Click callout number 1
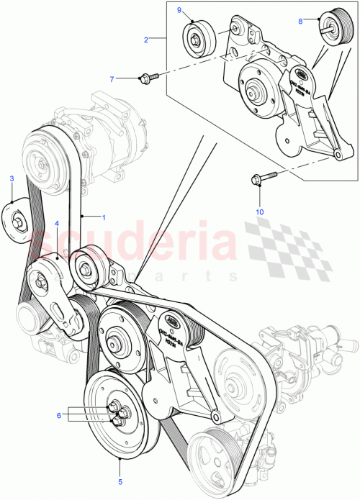(x=103, y=216)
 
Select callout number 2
(x=146, y=40)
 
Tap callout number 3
(x=12, y=178)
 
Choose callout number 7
(x=112, y=78)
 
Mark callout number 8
(x=300, y=21)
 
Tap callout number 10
(x=260, y=212)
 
